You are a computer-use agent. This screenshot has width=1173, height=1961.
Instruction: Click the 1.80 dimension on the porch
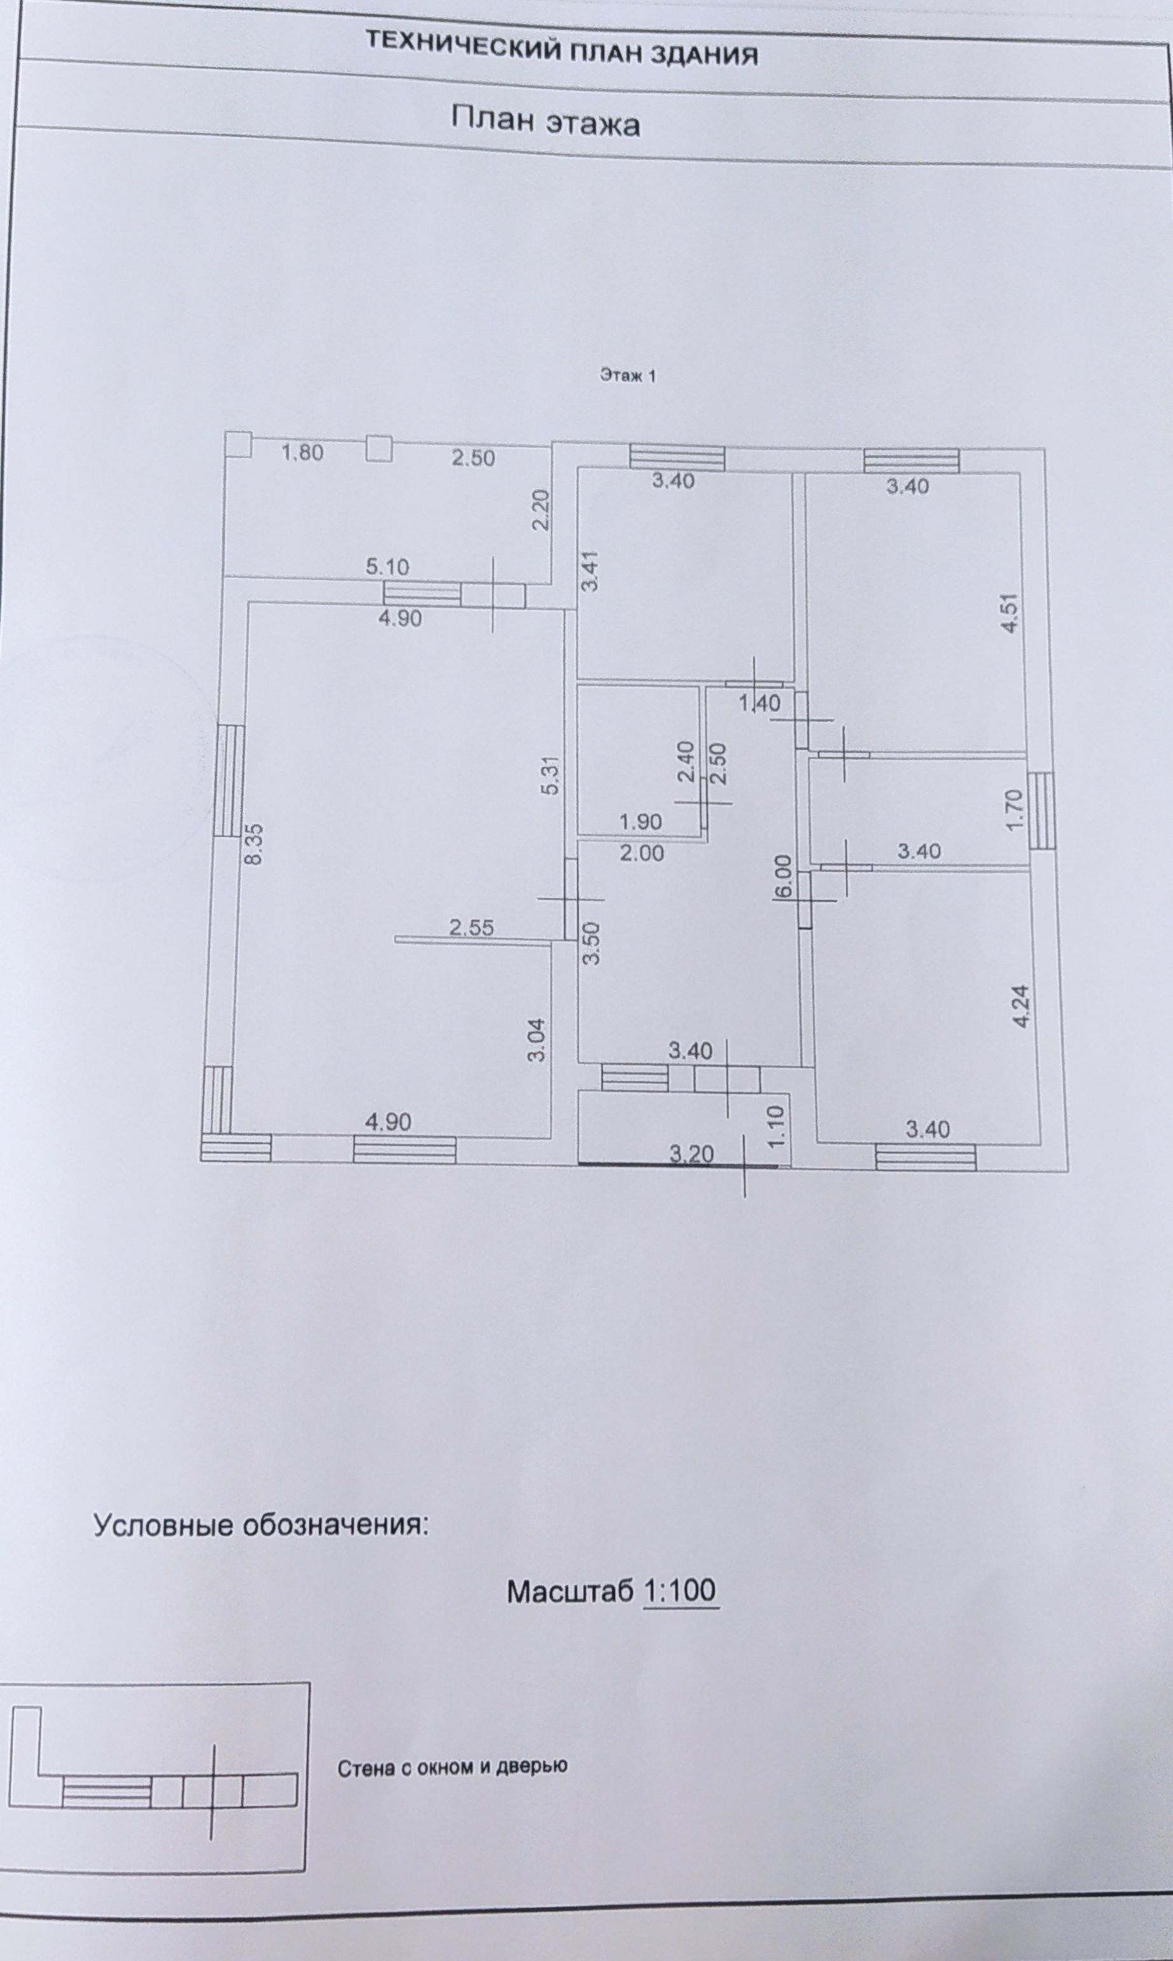[x=303, y=454]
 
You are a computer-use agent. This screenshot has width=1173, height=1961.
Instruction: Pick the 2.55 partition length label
[x=471, y=927]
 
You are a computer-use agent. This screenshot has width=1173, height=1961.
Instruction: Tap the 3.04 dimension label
[x=538, y=1042]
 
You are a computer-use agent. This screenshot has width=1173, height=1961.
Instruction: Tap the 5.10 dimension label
[x=387, y=566]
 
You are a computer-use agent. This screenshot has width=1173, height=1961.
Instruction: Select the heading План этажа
[x=545, y=123]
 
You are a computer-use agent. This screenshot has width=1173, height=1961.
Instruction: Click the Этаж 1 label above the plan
[x=628, y=377]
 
